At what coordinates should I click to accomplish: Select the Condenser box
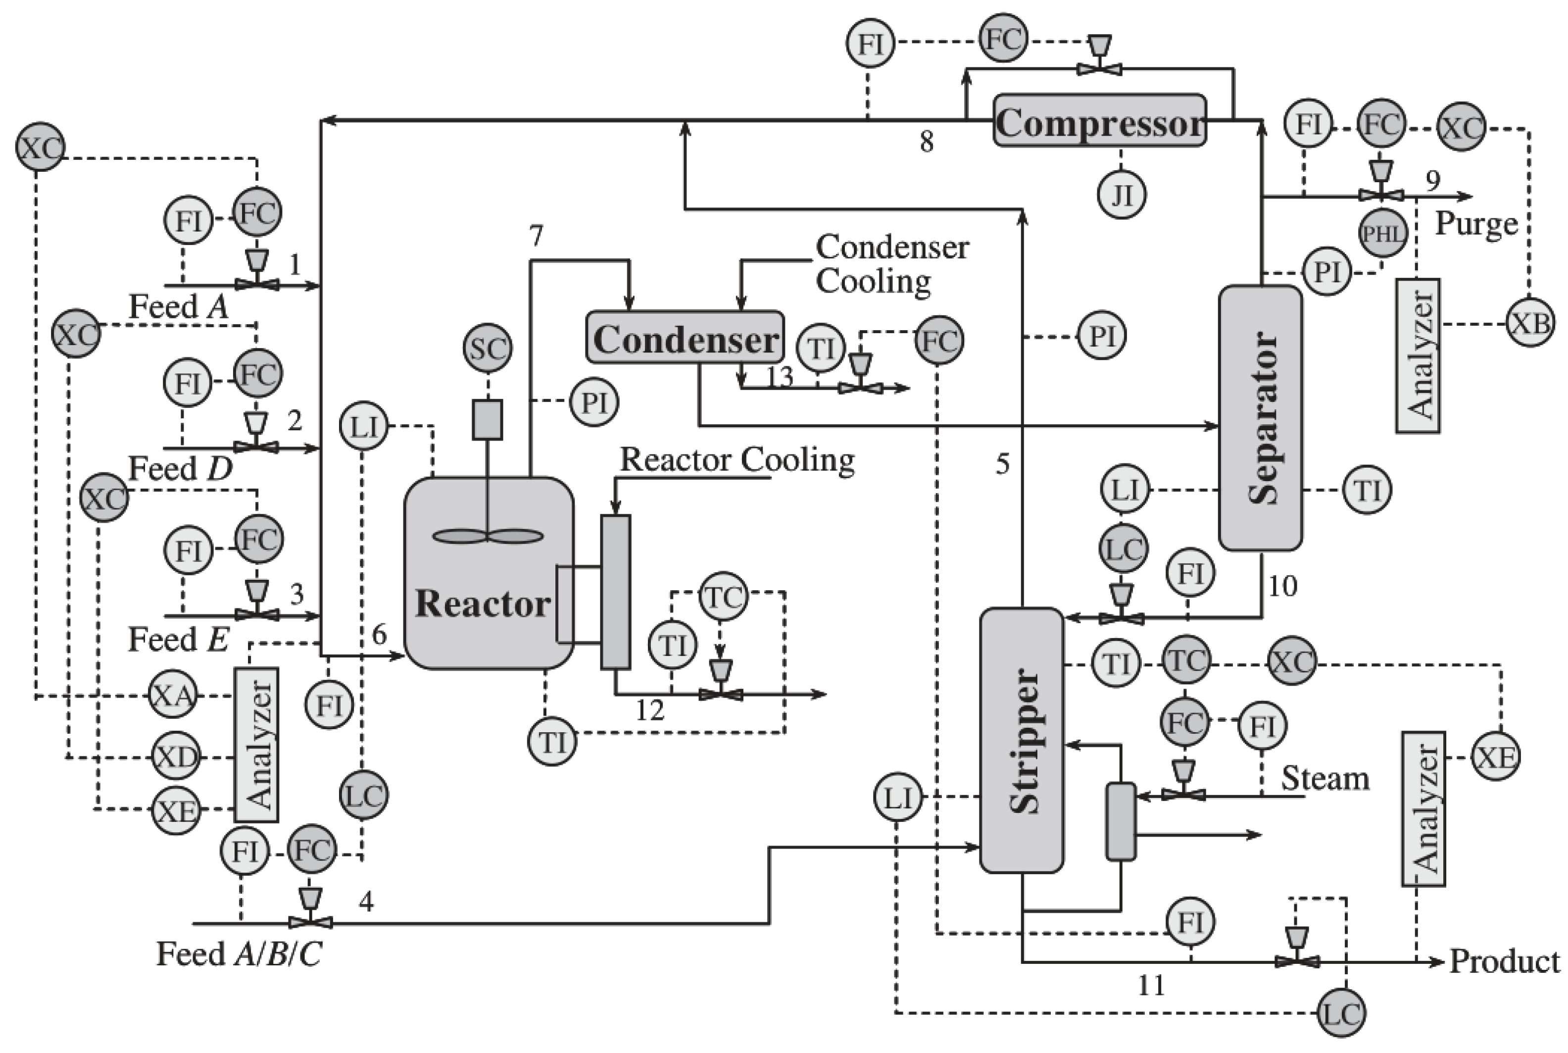(685, 338)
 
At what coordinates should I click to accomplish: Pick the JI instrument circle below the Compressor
(1121, 195)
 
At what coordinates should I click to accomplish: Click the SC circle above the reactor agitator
(488, 349)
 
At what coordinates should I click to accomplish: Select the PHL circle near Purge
(1382, 234)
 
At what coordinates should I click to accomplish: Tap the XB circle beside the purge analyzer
(1530, 324)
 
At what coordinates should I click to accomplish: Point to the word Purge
(1475, 224)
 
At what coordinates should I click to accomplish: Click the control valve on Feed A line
(256, 284)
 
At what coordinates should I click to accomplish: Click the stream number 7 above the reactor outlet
(535, 236)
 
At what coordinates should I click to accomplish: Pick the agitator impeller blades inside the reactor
(488, 536)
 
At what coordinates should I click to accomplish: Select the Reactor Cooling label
(736, 460)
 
